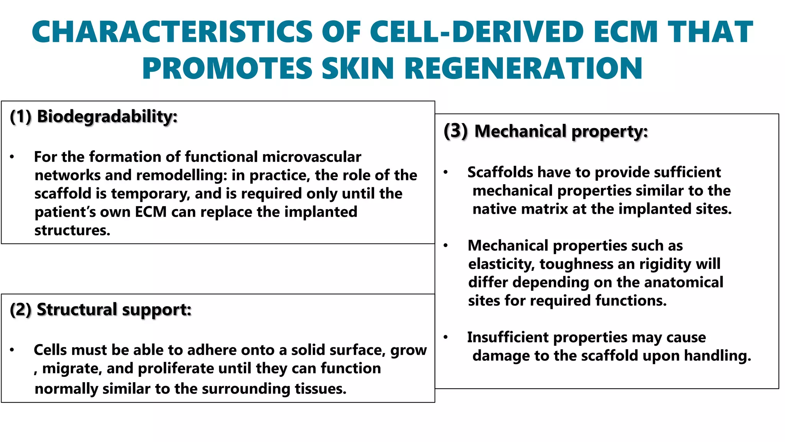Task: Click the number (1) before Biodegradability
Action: click(20, 116)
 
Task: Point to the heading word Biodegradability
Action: click(107, 116)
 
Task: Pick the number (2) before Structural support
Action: click(20, 310)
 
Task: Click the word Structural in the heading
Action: click(77, 310)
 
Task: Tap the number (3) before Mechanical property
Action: click(455, 131)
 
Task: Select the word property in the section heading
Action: click(609, 132)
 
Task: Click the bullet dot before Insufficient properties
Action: click(445, 337)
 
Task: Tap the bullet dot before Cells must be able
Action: click(12, 350)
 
